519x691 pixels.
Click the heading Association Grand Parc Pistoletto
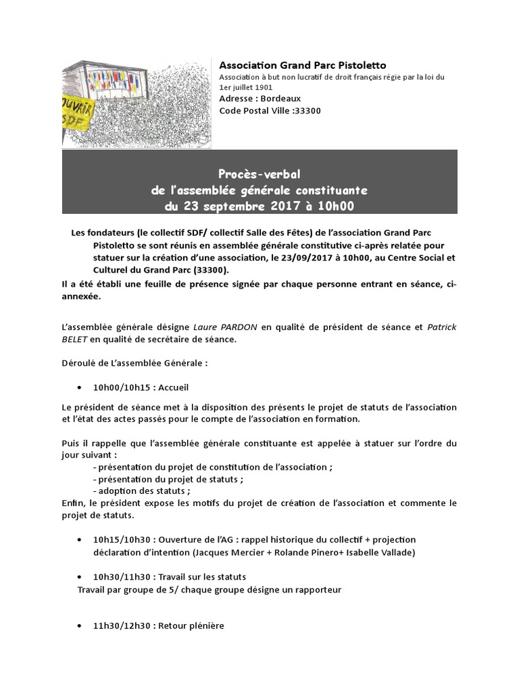tap(303, 65)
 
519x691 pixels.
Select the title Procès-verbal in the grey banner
tap(259, 175)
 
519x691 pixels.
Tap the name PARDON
tap(237, 327)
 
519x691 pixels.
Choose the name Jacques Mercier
tap(225, 552)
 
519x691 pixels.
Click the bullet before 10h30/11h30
tap(80, 578)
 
